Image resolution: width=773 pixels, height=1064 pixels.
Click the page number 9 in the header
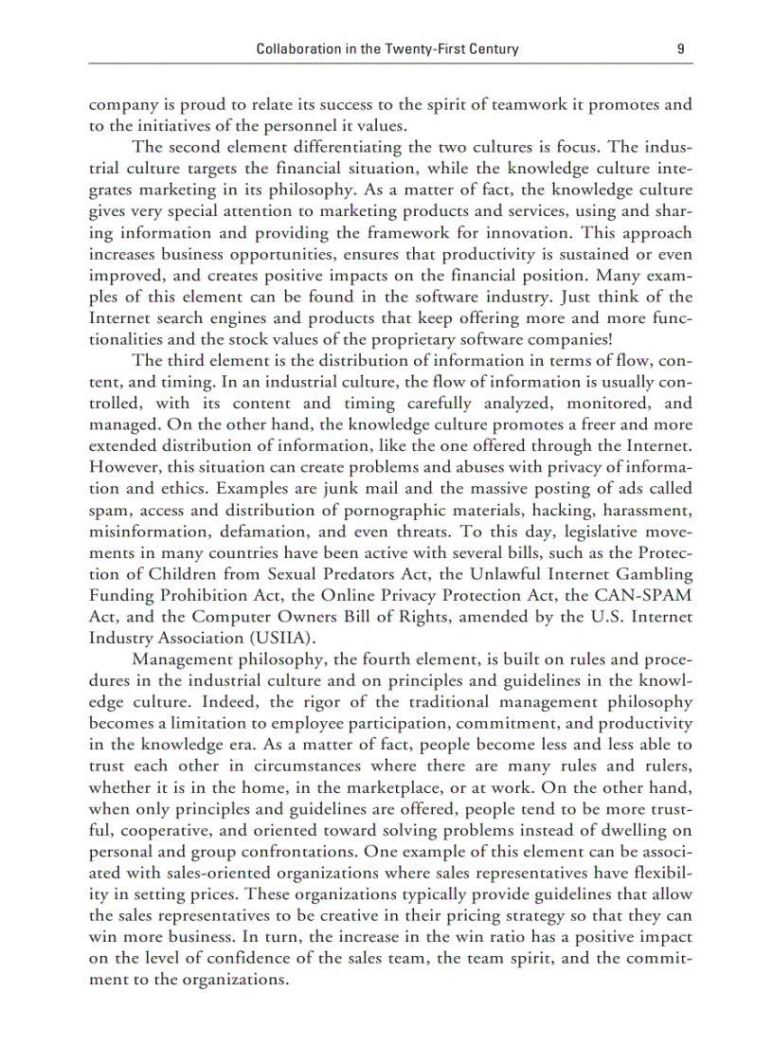(681, 49)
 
